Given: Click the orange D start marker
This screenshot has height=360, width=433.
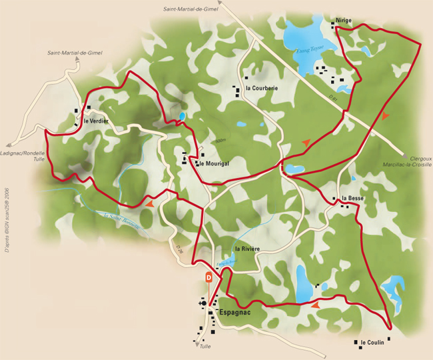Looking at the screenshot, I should point(209,277).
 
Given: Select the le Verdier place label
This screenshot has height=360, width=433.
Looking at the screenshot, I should point(96,121).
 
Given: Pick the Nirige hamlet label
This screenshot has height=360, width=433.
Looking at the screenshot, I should point(344,21).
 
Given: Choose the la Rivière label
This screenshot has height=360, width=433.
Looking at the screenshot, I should point(246,249).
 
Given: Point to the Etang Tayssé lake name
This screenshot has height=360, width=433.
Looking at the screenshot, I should point(310,48).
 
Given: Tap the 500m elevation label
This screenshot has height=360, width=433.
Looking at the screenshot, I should point(220,141).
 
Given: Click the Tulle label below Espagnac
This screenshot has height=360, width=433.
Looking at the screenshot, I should point(206,347).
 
